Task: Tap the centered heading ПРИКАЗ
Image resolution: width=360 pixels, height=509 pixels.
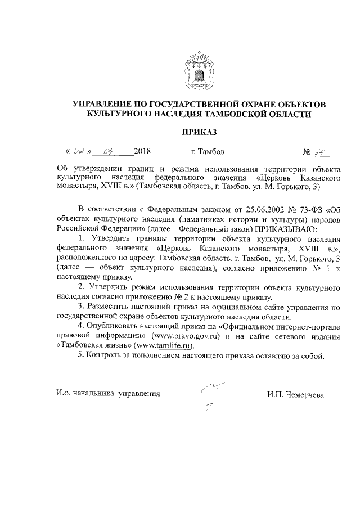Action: [198, 133]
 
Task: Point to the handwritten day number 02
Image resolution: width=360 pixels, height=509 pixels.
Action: [80, 151]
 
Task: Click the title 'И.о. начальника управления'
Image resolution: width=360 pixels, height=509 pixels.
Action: [108, 394]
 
